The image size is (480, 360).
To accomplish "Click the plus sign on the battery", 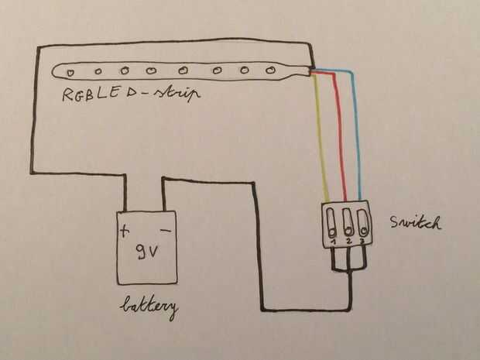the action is [125, 231].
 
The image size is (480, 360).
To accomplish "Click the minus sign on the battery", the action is [166, 230].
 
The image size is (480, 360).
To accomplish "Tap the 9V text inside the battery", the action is [148, 252].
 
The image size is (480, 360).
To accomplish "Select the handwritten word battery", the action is [149, 307].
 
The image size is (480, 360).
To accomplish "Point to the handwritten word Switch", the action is [416, 222].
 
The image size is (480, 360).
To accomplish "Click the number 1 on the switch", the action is [334, 242].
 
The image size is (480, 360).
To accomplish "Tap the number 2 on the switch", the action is [348, 242].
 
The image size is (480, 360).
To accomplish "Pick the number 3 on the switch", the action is [362, 241].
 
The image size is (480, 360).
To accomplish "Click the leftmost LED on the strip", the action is [70, 73].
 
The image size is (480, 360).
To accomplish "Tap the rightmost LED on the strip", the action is [270, 70].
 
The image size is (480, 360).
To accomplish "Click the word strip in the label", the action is [177, 93].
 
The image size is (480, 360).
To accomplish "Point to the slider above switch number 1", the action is [331, 222].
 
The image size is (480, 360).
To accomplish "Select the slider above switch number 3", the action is [362, 221].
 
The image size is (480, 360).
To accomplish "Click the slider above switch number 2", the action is [348, 221].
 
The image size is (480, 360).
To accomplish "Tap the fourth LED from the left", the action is [151, 71].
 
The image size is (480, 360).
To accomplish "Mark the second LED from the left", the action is [98, 72].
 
